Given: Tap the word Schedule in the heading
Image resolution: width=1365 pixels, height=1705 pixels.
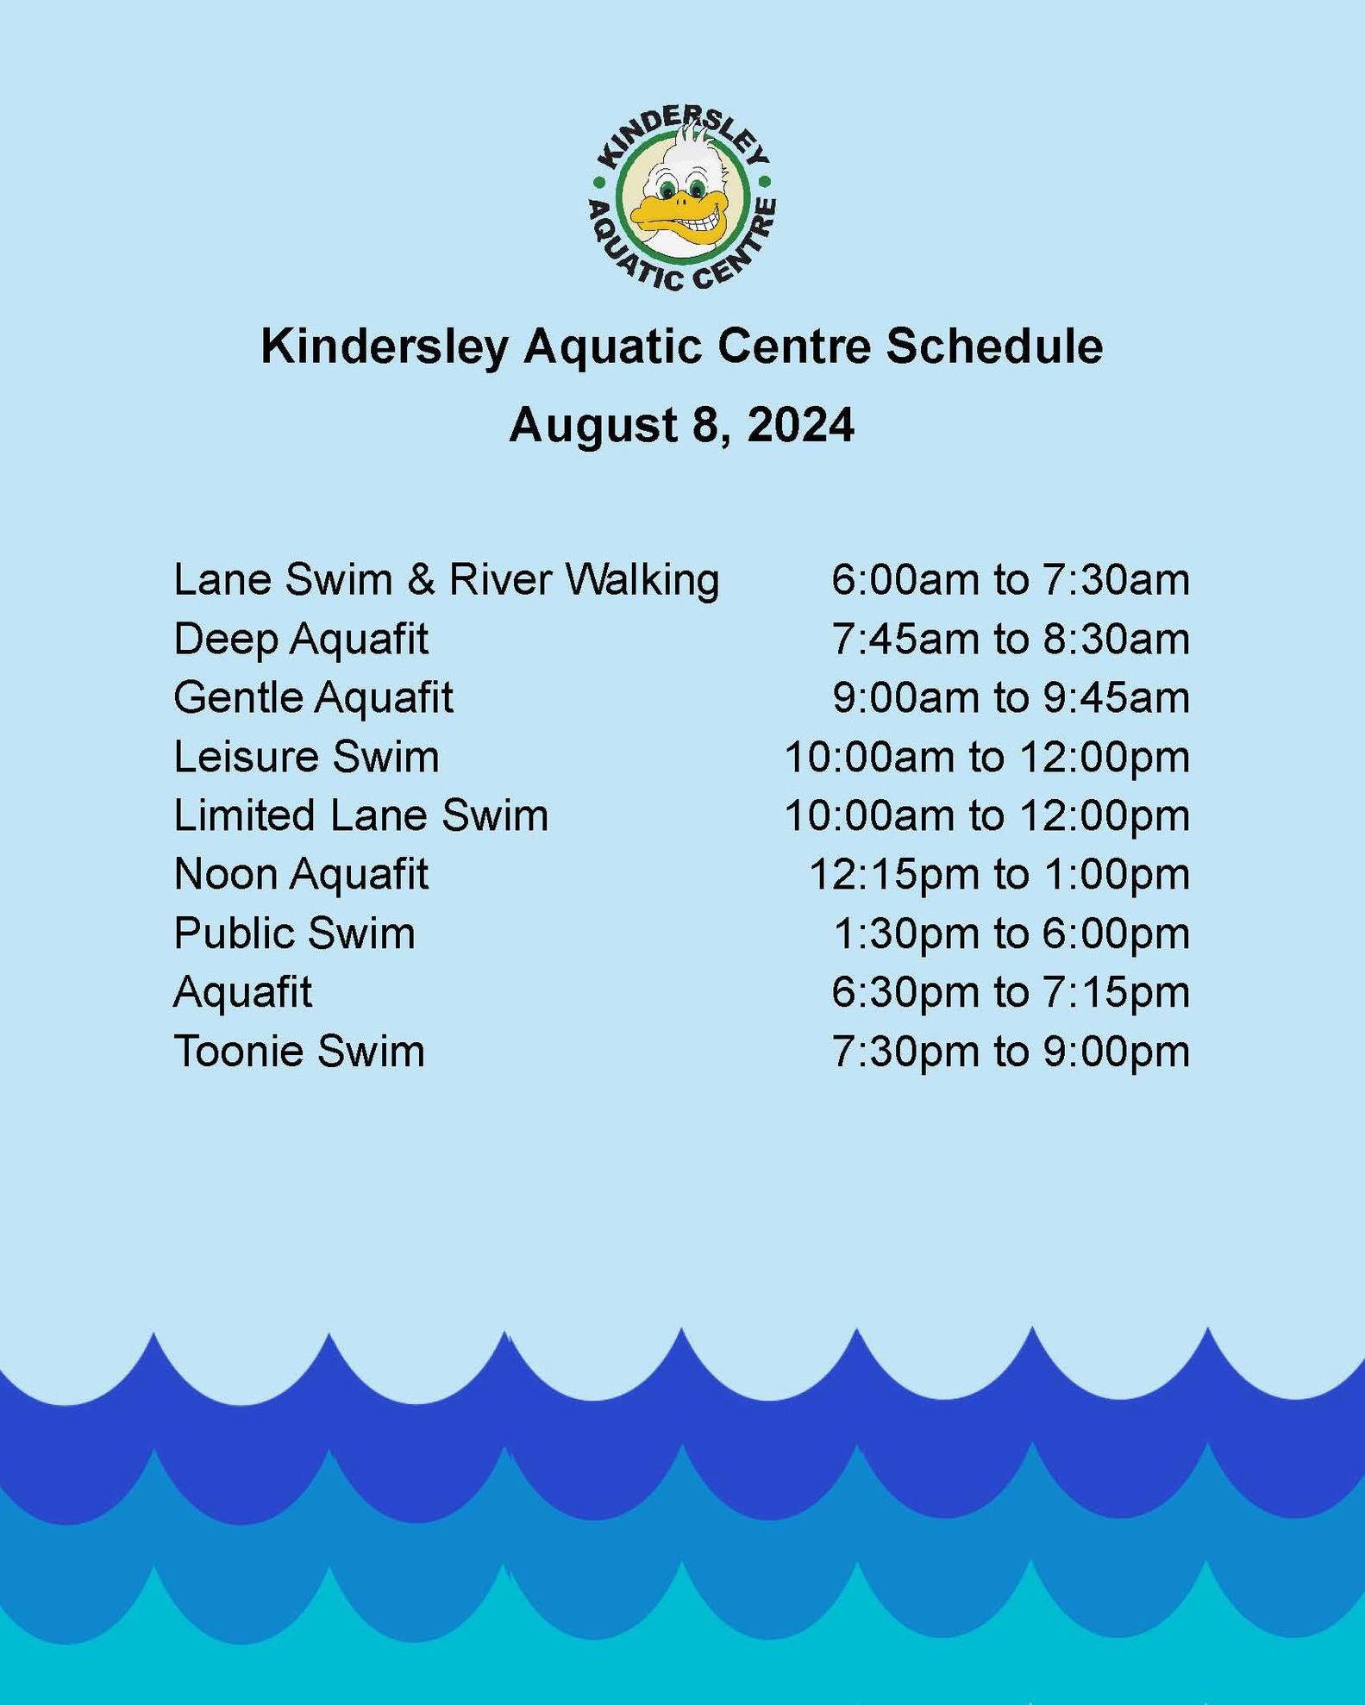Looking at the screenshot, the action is pos(995,347).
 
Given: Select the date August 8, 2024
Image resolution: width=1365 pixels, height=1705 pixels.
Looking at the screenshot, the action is pos(682,425).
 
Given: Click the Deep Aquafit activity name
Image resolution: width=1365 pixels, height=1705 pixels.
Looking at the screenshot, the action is pos(301,640).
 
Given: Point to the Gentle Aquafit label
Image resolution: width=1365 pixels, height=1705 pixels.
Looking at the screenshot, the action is pos(313,697).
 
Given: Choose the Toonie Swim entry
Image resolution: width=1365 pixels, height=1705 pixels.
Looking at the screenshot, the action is pos(299,1052).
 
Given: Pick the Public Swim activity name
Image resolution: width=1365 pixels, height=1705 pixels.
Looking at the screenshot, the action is pos(295,934).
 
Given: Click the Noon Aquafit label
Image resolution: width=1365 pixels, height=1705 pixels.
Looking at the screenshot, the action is pos(301,875).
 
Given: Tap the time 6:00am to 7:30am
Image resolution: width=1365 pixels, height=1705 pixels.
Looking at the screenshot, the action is pos(1011,579).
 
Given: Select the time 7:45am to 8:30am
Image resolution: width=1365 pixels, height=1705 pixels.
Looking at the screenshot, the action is pos(1011,640).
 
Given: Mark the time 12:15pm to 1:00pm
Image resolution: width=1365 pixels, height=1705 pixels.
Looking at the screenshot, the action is pos(999,875).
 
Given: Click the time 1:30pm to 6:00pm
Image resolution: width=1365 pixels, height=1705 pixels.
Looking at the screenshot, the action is pos(1011,934).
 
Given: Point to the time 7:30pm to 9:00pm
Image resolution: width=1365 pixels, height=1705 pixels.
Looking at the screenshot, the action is pos(1011,1052).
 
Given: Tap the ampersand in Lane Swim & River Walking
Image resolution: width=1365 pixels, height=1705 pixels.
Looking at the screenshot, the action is pos(421,579).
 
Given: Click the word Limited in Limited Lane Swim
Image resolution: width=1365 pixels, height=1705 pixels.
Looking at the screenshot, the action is pos(245,815).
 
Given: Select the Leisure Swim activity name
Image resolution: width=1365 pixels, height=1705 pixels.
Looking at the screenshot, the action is pos(306,757).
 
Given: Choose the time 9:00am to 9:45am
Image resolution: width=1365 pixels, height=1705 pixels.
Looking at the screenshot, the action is pos(1011,697).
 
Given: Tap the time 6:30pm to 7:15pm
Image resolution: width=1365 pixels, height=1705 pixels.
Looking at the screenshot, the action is pos(1011,992).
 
